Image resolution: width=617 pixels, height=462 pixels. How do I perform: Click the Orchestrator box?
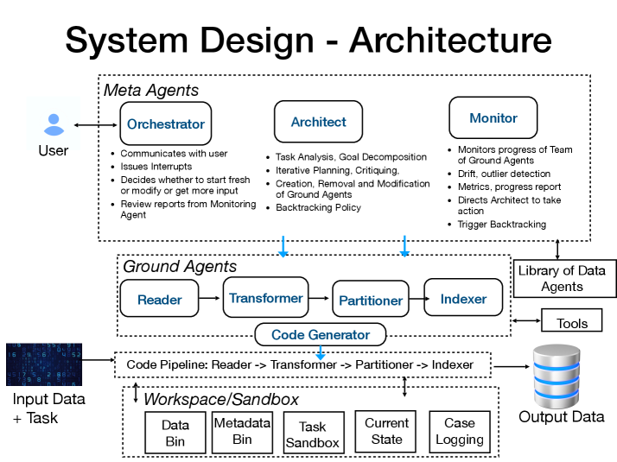(165, 124)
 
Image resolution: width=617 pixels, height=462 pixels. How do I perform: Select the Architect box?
(318, 122)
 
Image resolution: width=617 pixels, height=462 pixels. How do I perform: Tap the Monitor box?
(493, 118)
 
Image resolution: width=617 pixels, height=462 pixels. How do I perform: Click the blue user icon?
(54, 124)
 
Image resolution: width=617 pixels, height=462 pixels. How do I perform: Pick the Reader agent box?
(160, 299)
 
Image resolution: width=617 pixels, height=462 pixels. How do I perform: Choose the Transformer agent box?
(265, 298)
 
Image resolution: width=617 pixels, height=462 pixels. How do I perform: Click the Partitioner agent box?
(370, 300)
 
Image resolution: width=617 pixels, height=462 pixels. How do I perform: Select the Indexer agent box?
(463, 299)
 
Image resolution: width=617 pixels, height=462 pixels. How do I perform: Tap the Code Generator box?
(320, 334)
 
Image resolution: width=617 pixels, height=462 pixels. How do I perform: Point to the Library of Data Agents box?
(562, 278)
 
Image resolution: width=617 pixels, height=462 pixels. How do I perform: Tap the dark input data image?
(43, 364)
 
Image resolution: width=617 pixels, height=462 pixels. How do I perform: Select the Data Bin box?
(175, 432)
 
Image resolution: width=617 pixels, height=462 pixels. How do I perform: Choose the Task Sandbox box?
(312, 434)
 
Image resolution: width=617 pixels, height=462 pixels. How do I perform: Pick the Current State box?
(386, 431)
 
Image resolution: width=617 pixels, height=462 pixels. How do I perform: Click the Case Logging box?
(459, 431)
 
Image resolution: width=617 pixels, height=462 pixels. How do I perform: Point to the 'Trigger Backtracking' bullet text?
(501, 225)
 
